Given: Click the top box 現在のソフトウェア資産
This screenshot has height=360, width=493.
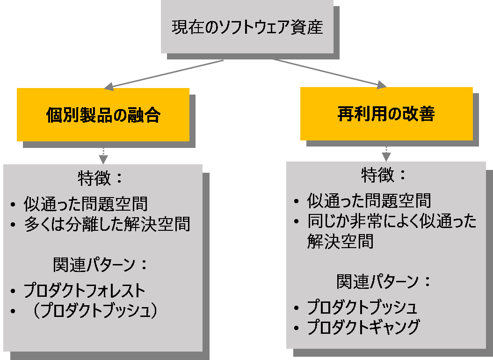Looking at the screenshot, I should [247, 27].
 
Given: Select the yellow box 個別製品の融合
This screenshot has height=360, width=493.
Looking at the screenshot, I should [103, 115].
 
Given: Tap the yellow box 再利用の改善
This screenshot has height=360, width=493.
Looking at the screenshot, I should [386, 114].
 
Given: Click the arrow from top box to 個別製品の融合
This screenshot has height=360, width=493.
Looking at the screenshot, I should [164, 74].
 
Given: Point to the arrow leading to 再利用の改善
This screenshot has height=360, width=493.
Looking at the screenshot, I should [327, 73].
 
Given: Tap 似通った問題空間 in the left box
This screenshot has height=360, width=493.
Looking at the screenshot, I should [86, 204].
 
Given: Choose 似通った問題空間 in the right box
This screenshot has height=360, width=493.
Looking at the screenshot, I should [369, 201].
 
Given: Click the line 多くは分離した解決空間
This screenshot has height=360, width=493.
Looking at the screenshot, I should [107, 224].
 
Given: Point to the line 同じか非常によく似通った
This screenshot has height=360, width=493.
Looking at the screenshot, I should [391, 221].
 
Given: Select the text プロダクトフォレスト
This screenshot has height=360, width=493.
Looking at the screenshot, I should [85, 291].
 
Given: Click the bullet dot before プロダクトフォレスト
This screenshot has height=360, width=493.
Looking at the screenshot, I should [14, 292].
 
